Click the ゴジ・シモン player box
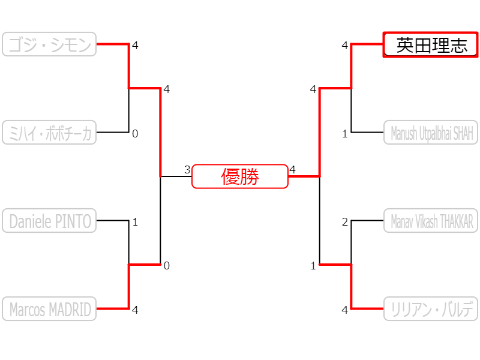49,44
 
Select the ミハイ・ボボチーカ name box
49,133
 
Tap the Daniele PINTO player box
49,221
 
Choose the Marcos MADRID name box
49,309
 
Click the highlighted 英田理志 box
431,45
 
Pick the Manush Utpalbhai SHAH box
431,133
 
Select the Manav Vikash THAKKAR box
431,221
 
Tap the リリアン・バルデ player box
431,309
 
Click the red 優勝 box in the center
240,176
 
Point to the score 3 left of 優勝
187,170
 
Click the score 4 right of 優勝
292,170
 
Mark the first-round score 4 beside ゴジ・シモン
135,46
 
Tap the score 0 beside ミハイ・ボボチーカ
135,134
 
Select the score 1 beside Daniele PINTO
135,222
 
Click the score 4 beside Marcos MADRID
135,310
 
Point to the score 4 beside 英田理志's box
345,46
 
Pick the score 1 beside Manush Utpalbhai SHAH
345,134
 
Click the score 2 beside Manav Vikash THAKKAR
345,222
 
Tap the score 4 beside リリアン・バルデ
345,310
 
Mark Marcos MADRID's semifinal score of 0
167,266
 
